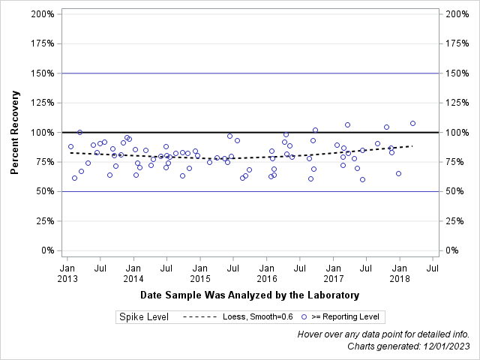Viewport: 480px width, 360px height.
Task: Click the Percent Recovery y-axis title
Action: click(14, 132)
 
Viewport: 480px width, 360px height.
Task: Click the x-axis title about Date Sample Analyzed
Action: click(250, 295)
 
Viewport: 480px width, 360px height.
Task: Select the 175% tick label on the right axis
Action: click(457, 43)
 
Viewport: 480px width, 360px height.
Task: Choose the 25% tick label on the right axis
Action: click(454, 220)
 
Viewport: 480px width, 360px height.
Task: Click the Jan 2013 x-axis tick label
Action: click(67, 273)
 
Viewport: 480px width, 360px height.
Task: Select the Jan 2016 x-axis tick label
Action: click(266, 273)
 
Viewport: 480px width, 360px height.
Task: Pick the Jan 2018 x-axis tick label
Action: click(400, 273)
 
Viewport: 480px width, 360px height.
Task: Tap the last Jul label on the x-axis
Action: click(433, 267)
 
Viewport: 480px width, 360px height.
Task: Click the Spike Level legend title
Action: click(144, 317)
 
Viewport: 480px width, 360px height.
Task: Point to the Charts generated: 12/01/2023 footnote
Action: click(409, 346)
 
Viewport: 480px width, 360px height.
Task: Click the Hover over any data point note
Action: click(384, 334)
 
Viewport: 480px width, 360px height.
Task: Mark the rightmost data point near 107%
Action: click(412, 123)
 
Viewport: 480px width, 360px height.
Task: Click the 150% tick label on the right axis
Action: click(457, 73)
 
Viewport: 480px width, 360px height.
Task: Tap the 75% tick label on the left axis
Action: click(44, 162)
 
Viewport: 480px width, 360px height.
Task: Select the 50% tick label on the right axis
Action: click(454, 191)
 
